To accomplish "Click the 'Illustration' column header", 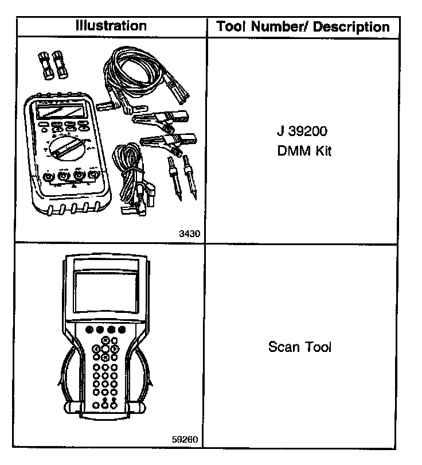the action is pos(111,26).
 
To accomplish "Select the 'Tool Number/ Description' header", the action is pos(302,27).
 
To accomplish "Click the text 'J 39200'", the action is pos(302,132).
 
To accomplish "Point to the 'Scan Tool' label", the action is pos(300,347).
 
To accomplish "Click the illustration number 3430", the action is pos(189,234).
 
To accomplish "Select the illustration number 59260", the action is pos(185,440).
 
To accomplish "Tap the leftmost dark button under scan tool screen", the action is pos(89,330).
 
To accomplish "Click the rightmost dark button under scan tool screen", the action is pos(122,330).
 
